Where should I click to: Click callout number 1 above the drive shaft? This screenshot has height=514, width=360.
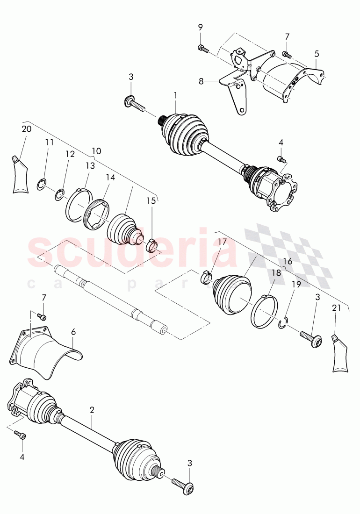coord(175,95)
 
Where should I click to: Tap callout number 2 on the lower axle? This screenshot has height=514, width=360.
coord(92,410)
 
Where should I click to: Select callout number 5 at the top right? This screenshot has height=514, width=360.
coord(317,54)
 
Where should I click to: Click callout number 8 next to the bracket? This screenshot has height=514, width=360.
coord(201,81)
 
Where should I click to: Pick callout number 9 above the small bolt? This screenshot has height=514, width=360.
coord(201,27)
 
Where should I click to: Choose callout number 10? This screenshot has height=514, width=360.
coord(96,151)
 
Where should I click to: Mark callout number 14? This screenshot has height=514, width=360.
coord(110,178)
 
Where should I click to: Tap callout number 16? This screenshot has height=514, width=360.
coord(288,261)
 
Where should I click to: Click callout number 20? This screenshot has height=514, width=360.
coord(26,129)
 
